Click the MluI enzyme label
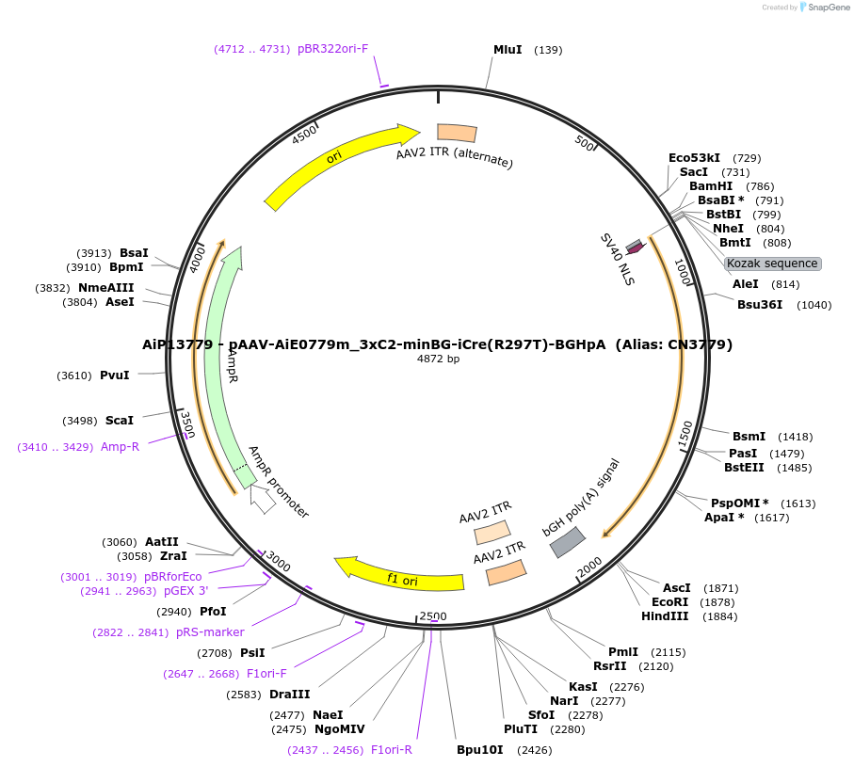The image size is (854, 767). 508,50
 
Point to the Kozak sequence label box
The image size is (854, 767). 772,264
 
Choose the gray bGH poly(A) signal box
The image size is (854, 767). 568,542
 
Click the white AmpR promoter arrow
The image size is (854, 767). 263,499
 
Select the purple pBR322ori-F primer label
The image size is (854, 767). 332,49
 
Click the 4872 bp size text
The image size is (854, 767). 439,359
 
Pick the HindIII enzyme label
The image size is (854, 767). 666,616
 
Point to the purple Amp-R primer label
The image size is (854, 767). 120,447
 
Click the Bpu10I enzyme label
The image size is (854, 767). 480,750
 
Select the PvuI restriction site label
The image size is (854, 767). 114,376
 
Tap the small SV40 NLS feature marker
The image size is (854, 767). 635,248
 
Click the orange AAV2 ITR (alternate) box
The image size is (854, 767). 457,134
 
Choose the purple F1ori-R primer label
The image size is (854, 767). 391,750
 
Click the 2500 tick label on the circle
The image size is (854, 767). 433,616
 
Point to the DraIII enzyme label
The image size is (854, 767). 289,695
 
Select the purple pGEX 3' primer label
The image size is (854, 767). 185,591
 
